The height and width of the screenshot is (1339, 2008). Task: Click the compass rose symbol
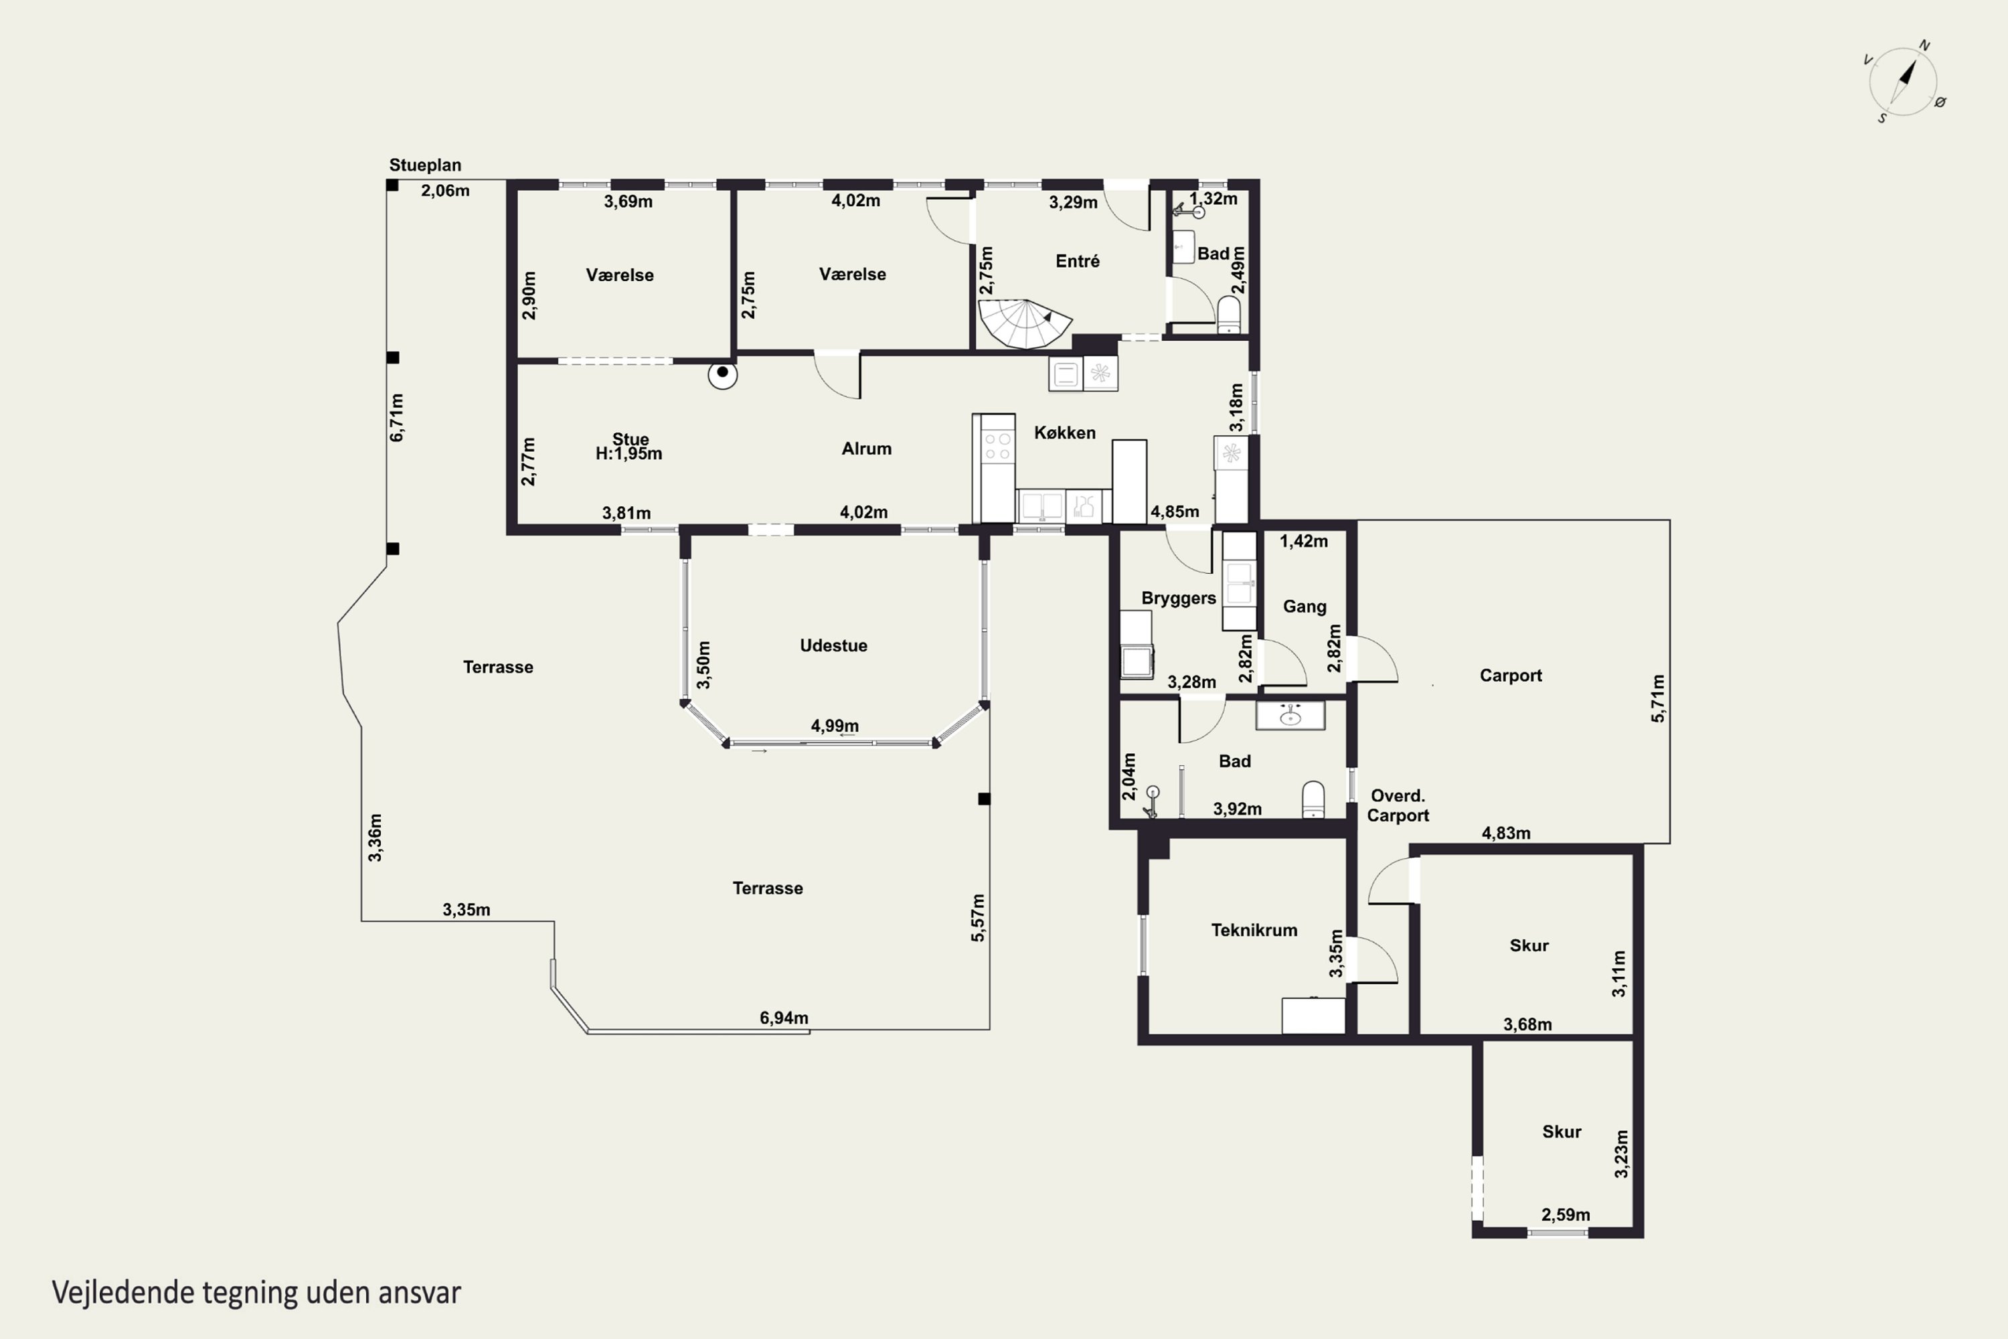point(1904,82)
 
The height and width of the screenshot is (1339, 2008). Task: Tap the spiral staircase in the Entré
point(1023,323)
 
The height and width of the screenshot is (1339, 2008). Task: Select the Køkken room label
point(1065,433)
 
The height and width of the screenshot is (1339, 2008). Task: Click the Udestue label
point(833,645)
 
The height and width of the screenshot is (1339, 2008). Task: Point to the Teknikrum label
point(1254,930)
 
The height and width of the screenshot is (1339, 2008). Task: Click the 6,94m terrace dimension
point(784,1017)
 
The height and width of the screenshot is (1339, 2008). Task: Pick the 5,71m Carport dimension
point(1657,698)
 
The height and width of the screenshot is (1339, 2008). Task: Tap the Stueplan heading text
point(425,165)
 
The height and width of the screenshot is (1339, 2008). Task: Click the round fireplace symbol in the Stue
point(722,373)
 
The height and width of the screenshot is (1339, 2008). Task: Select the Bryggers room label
point(1178,598)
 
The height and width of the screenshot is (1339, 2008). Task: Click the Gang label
point(1305,607)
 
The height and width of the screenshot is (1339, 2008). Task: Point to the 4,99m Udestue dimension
point(834,726)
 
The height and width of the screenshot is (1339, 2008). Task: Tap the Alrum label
point(867,449)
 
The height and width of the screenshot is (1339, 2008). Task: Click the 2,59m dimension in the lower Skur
point(1566,1214)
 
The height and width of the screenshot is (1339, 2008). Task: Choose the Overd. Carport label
point(1398,805)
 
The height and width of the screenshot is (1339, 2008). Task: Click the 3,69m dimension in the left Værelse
point(629,202)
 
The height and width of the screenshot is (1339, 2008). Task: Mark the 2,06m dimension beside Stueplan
point(445,190)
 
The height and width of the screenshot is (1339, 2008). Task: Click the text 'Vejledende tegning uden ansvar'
point(256,1293)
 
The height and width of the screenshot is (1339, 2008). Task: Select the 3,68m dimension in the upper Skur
point(1527,1024)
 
